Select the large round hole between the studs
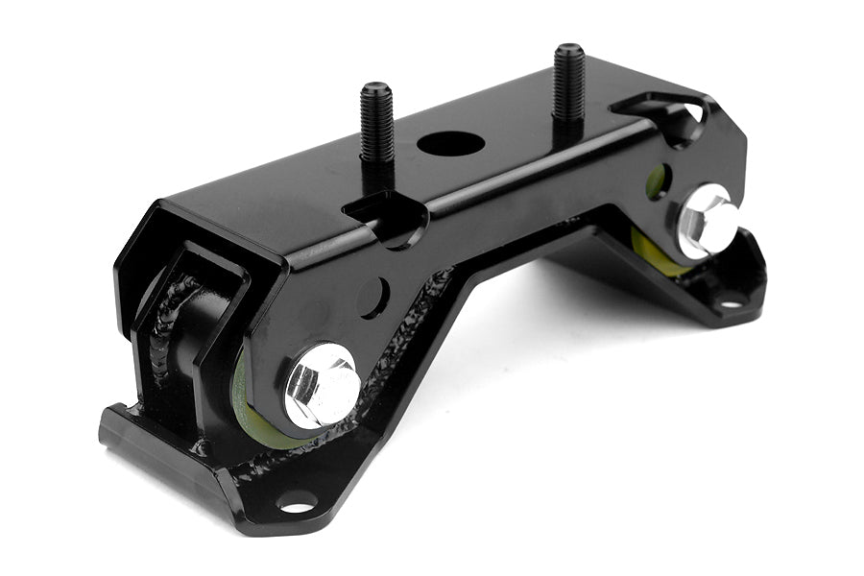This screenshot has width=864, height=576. click(450, 144)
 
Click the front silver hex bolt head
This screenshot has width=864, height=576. click(320, 386)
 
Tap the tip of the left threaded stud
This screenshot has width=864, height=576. click(374, 88)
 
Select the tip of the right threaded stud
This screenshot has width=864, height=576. click(568, 48)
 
